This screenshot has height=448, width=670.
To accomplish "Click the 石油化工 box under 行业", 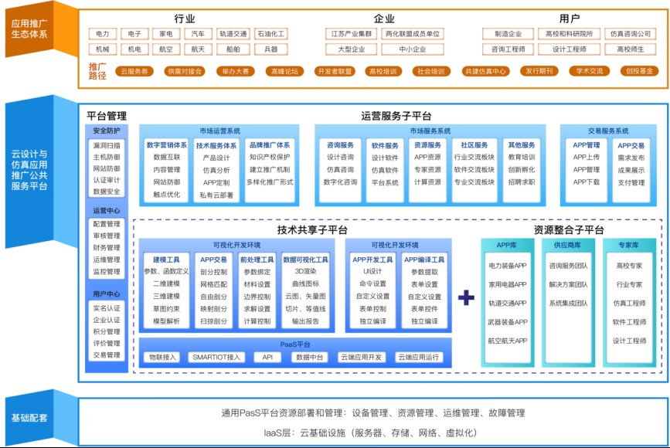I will coord(270,34).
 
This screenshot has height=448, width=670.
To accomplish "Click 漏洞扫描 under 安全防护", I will coord(107,145).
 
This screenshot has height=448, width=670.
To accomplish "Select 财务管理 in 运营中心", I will coord(107,247).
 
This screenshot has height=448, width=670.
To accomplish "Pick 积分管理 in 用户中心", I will coord(107,331).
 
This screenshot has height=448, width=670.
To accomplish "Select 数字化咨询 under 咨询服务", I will coord(341,182).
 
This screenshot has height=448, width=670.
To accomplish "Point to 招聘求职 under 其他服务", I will coord(522,182).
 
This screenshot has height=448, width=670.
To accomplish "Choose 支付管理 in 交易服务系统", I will coord(631,183).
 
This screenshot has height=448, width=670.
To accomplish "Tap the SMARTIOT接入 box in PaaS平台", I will coord(217,358).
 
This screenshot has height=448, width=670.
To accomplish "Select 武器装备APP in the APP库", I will coord(507,321).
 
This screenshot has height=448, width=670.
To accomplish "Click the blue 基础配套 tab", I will coord(29,418).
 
